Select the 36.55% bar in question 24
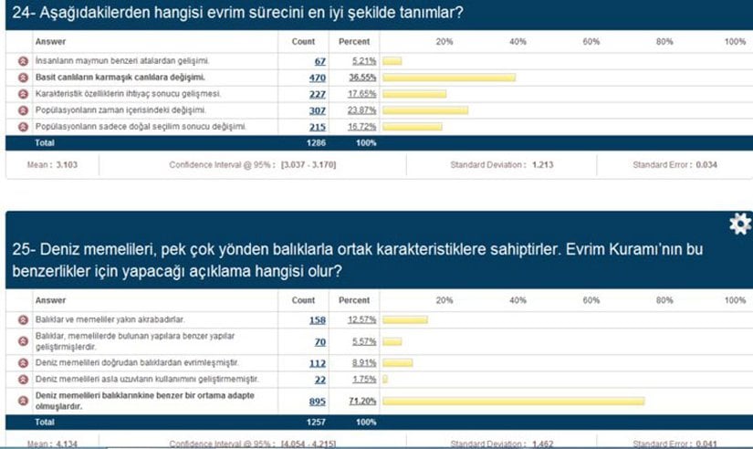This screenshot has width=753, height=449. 449,78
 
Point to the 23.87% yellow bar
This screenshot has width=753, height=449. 425,110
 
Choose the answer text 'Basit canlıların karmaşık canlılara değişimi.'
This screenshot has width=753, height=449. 120,78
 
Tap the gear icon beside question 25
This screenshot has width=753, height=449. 740,224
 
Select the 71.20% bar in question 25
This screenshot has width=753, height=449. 514,401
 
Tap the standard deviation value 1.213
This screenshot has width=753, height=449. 543,165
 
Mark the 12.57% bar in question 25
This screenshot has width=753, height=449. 405,319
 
